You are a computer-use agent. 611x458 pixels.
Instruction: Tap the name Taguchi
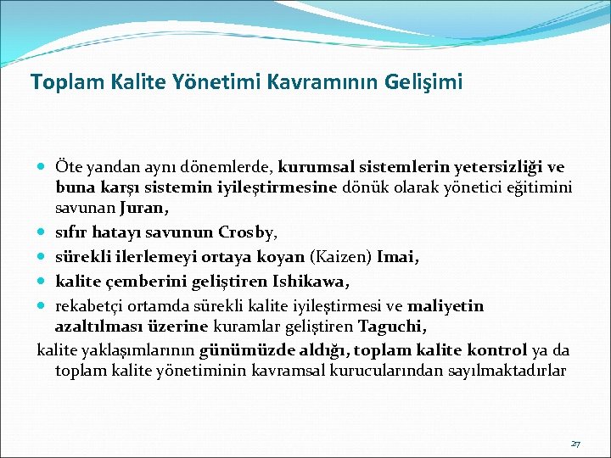(x=392, y=327)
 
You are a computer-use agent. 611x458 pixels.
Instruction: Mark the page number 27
(x=575, y=444)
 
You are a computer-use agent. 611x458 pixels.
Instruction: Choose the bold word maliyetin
(x=447, y=304)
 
